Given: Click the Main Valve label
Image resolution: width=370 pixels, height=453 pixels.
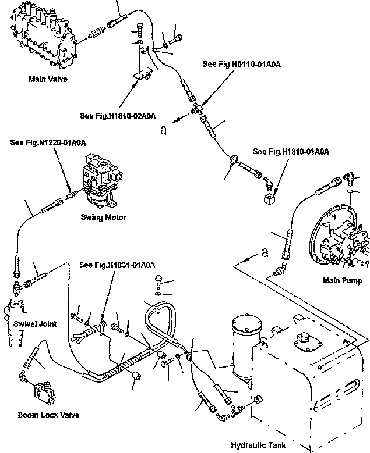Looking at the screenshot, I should (x=48, y=79).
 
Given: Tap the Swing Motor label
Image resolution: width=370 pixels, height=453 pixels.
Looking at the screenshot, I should (x=104, y=217).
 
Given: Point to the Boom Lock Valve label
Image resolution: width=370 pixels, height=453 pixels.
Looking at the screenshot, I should (x=48, y=415).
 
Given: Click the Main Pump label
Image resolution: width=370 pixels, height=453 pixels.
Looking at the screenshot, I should (x=342, y=281).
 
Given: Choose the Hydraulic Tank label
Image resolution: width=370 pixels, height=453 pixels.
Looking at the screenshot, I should (x=258, y=445).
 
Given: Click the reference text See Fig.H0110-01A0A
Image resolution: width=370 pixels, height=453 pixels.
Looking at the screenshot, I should (x=241, y=65).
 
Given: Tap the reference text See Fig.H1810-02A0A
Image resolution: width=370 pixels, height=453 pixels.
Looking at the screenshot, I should (x=118, y=116).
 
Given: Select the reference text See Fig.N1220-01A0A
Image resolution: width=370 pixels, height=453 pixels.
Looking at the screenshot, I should (x=48, y=142).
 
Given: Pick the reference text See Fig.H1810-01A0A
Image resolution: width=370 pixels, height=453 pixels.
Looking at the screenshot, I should (x=291, y=152).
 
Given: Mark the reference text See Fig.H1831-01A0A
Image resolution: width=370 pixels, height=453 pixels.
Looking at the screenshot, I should (x=117, y=266).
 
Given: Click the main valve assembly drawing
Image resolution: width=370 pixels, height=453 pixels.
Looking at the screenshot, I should (x=42, y=38).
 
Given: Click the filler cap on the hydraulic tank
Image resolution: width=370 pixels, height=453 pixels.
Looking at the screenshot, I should (x=304, y=340).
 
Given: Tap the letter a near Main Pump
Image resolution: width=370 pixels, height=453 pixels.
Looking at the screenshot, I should (x=266, y=252).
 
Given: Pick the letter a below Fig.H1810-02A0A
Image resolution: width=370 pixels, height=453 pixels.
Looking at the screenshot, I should (x=165, y=131).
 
